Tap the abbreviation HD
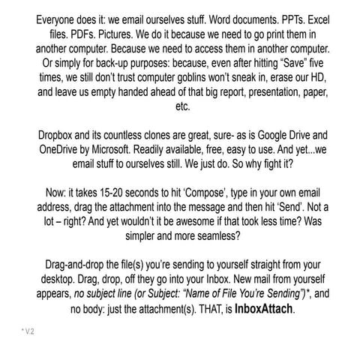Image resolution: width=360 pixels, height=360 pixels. click(327, 77)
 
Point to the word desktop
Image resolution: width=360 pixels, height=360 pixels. click(58, 283)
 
